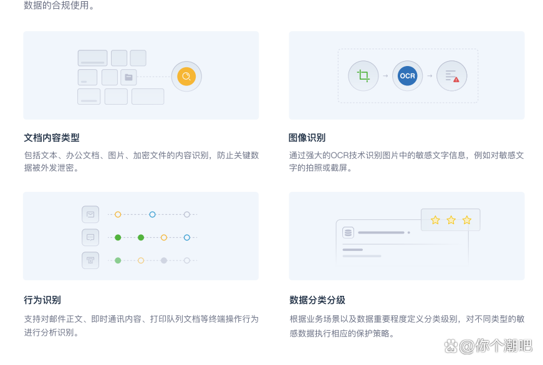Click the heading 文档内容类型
tap(52, 138)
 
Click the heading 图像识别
tap(307, 138)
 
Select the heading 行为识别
tap(42, 300)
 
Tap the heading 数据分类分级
tap(317, 300)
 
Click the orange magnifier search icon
tap(186, 77)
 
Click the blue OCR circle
tap(407, 76)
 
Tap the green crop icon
tap(363, 75)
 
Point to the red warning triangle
tap(456, 80)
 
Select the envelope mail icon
tap(90, 214)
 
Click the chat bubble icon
tap(90, 237)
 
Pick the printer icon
tap(90, 260)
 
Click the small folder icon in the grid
tap(128, 77)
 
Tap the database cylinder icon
tap(348, 232)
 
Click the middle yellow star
tap(451, 220)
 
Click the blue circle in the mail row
tap(152, 214)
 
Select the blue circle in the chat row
tap(187, 238)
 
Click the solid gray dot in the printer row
tap(164, 260)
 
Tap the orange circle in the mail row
tap(118, 214)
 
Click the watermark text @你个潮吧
tap(496, 346)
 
